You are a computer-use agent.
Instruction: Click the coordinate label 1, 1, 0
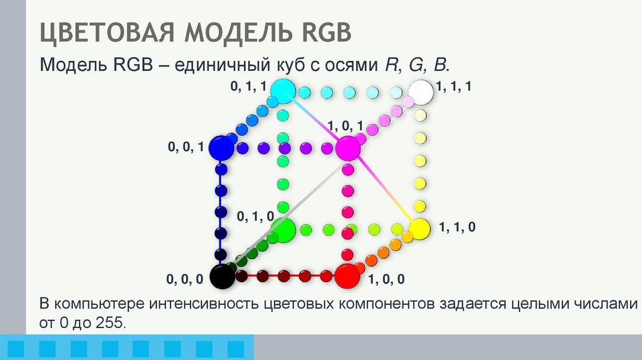coord(458,228)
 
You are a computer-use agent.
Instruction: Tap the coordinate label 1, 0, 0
coord(386,279)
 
